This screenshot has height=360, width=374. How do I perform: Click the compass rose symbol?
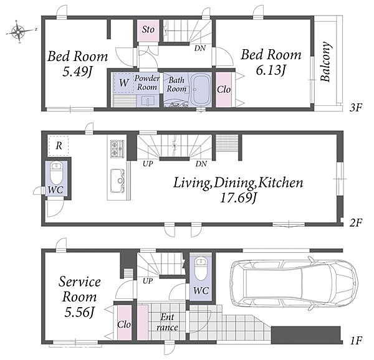pyautogui.click(x=18, y=32)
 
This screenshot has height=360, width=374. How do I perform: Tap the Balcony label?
pyautogui.click(x=325, y=62)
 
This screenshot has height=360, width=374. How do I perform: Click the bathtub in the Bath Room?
pyautogui.click(x=201, y=89)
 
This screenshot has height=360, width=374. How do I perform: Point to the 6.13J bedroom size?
pyautogui.click(x=271, y=70)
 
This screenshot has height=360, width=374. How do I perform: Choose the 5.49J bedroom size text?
pyautogui.click(x=77, y=72)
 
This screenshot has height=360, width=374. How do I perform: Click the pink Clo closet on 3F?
pyautogui.click(x=224, y=89)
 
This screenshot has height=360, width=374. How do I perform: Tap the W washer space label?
pyautogui.click(x=124, y=83)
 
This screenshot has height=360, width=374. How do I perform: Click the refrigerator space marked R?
pyautogui.click(x=59, y=146)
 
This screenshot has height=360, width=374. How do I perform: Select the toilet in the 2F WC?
pyautogui.click(x=57, y=173)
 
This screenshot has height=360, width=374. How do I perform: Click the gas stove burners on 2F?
pyautogui.click(x=117, y=148)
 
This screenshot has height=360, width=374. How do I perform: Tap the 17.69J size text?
pyautogui.click(x=238, y=198)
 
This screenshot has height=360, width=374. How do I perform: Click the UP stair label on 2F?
pyautogui.click(x=148, y=164)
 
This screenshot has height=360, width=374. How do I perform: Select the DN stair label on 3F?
pyautogui.click(x=200, y=49)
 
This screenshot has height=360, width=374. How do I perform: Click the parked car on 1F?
pyautogui.click(x=294, y=283)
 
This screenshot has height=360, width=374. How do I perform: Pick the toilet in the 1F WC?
pyautogui.click(x=201, y=268)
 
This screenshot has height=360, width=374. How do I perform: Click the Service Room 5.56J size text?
pyautogui.click(x=79, y=312)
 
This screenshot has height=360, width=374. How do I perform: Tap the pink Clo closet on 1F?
pyautogui.click(x=124, y=323)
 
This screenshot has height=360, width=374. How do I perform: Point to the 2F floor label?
pyautogui.click(x=356, y=222)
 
